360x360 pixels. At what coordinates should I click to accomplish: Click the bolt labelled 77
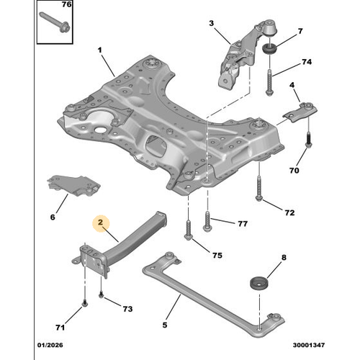pyautogui.click(x=207, y=220)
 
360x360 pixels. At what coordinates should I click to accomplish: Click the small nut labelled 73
pyautogui.click(x=102, y=295)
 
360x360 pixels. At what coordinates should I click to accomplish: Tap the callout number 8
pyautogui.click(x=283, y=257)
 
